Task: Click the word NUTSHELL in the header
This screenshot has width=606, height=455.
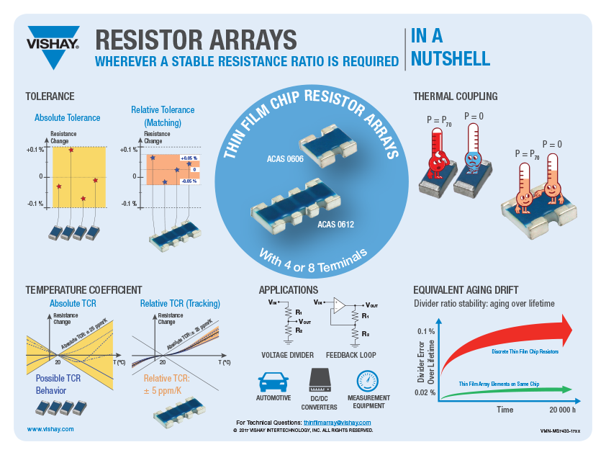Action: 451,58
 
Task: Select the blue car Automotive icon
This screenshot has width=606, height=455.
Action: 273,381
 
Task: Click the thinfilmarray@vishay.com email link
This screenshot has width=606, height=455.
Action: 332,422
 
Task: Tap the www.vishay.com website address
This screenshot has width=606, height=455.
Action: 50,428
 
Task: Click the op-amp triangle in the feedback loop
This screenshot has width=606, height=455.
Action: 338,305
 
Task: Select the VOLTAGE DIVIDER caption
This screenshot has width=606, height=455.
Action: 288,355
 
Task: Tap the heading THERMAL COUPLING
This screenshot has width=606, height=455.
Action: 455,96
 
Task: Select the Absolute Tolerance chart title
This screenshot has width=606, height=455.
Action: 68,117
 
